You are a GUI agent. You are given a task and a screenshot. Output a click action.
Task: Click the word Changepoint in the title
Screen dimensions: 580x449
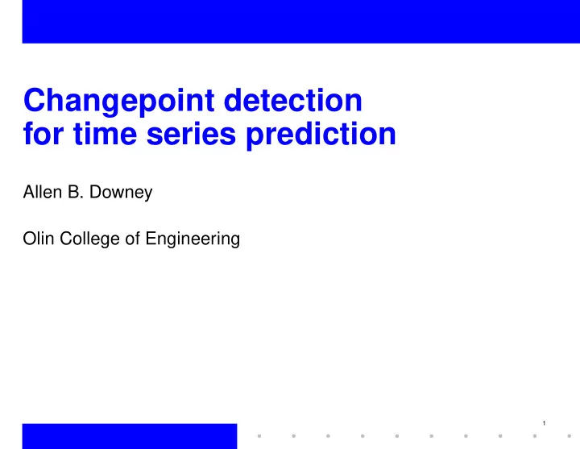pyautogui.click(x=118, y=102)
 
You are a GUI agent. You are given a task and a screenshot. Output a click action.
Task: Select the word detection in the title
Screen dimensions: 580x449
pyautogui.click(x=293, y=100)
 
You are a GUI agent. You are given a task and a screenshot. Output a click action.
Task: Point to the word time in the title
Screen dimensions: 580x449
pyautogui.click(x=106, y=133)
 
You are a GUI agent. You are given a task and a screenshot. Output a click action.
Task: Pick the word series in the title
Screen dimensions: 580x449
pyautogui.click(x=191, y=134)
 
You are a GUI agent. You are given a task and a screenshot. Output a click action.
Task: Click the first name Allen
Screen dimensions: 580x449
pyautogui.click(x=43, y=192)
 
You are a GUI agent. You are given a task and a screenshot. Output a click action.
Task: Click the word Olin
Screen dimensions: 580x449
pyautogui.click(x=39, y=239)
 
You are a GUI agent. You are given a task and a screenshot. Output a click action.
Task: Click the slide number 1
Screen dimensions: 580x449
pyautogui.click(x=544, y=423)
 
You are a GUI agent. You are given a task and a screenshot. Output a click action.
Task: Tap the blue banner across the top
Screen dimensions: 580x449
pyautogui.click(x=301, y=22)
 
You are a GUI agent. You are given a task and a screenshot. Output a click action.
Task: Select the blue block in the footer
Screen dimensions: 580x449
pyautogui.click(x=130, y=436)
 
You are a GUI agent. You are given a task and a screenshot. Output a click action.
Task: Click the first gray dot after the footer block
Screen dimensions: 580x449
pyautogui.click(x=259, y=436)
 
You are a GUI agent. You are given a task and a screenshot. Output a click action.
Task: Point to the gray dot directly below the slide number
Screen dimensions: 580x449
pyautogui.click(x=535, y=436)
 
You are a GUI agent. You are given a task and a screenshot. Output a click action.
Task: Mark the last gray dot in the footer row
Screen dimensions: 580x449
pyautogui.click(x=570, y=436)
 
